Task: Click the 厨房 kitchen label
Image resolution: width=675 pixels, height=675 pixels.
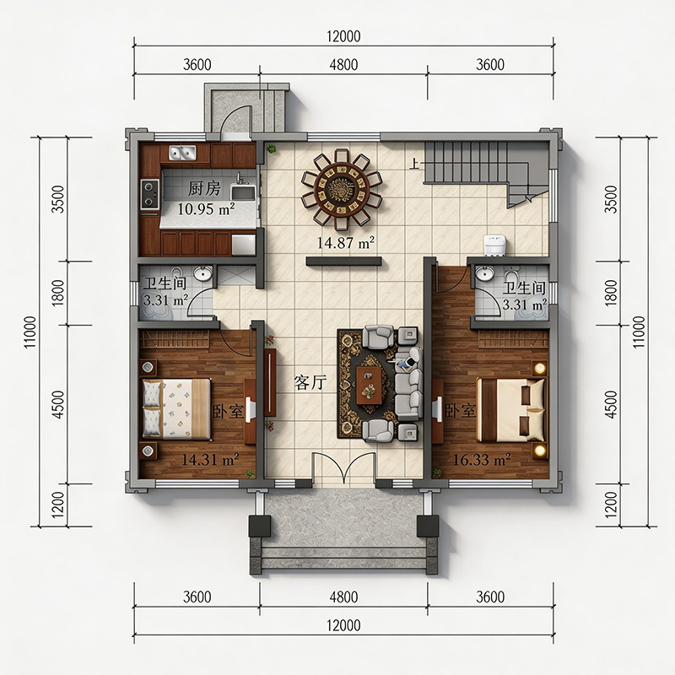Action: click(204, 188)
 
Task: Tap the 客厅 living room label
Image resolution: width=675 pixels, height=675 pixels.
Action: click(310, 382)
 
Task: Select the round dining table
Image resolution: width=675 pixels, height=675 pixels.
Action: click(342, 187)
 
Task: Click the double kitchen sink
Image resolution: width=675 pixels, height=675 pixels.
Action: click(182, 153)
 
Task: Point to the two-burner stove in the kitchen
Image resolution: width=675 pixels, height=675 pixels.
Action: click(150, 194)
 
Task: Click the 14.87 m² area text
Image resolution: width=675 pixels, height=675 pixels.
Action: click(346, 243)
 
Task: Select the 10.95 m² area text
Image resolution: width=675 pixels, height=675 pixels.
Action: click(206, 208)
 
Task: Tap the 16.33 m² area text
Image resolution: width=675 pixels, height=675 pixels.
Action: click(482, 460)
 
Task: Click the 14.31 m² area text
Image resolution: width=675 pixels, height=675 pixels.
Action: click(210, 460)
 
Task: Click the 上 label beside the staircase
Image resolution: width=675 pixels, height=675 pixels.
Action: click(414, 164)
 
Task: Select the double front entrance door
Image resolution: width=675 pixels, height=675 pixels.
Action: click(344, 469)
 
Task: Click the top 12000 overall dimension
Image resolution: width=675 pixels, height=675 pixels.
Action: click(343, 36)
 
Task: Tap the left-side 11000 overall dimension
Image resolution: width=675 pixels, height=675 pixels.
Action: click(30, 332)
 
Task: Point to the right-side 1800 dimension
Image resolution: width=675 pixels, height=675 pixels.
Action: click(611, 293)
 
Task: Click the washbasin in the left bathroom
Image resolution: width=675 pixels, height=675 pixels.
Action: click(202, 273)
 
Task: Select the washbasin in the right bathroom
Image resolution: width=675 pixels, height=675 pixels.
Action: click(485, 273)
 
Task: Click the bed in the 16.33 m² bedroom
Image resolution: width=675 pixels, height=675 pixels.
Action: click(511, 410)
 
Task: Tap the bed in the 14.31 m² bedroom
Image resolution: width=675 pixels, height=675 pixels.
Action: click(177, 408)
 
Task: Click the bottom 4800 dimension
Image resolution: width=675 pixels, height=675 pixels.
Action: click(343, 597)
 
